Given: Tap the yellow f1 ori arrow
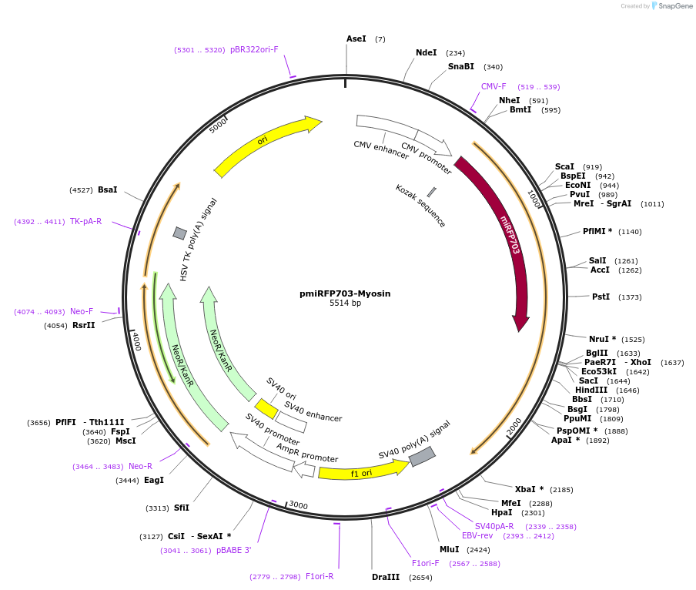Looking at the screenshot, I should pos(362,471).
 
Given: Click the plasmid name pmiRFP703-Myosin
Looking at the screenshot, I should pos(345,293).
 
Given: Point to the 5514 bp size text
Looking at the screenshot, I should pos(345,303).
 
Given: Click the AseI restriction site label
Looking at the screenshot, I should pos(356,39).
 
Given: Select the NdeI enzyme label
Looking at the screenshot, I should pos(426,52).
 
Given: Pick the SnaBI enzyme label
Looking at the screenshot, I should pos(461,66).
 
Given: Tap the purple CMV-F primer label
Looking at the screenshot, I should pos(494,86).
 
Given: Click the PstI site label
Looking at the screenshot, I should pos(601,297).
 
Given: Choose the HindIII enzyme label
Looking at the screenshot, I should pos(591,390).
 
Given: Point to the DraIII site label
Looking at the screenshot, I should pos(386,577).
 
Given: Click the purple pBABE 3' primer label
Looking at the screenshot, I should pos(234,550).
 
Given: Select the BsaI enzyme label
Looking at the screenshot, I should pos(108,189).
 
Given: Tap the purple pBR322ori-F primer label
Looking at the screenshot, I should pos(254,49).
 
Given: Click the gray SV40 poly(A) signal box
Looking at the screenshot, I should pos(422,457).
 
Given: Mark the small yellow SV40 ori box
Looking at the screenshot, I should pos(266,408).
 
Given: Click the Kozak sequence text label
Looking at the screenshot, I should pos(420,206).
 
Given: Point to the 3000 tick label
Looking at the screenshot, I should pos(298,505).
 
